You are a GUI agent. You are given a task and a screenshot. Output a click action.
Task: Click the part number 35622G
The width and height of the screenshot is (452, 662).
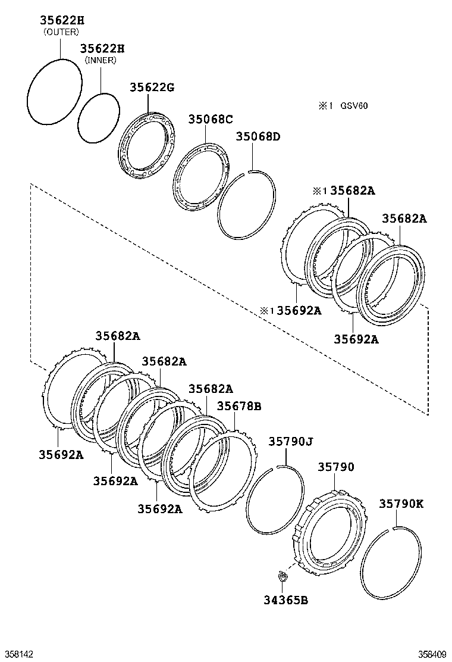(152, 88)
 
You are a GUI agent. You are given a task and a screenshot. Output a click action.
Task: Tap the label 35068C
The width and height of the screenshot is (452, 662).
(211, 119)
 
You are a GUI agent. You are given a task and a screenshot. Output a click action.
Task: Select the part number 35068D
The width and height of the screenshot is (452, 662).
(258, 136)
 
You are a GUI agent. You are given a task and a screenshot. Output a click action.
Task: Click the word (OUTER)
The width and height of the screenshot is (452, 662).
(61, 32)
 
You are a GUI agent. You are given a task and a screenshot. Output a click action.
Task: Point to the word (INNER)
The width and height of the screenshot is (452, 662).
(101, 60)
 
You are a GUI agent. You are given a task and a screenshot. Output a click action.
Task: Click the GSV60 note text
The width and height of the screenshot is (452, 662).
(354, 105)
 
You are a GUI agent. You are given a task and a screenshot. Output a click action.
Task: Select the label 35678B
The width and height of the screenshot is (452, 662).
(239, 406)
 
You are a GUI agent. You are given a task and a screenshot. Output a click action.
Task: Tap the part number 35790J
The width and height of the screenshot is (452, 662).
(291, 442)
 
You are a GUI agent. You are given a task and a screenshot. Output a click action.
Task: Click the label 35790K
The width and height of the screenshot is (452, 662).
(401, 504)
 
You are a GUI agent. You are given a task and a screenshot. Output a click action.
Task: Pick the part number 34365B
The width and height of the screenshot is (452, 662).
(286, 599)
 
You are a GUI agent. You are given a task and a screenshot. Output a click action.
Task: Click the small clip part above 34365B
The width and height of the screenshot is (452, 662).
(282, 576)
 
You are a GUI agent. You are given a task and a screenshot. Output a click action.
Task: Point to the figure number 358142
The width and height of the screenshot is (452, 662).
(17, 654)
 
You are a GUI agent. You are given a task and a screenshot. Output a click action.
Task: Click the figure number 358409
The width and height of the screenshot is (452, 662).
(432, 654)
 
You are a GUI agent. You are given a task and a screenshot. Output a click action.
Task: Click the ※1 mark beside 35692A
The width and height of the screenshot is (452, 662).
(266, 311)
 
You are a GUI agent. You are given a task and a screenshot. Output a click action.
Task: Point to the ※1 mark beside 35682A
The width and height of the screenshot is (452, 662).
(319, 191)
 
